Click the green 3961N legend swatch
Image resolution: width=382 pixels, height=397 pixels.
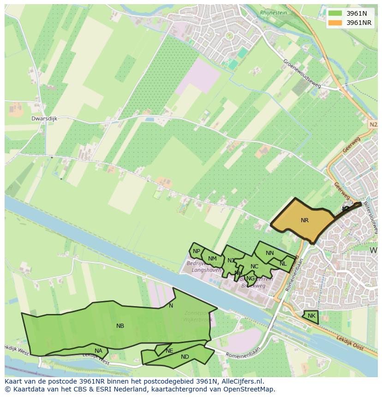tap(335, 13)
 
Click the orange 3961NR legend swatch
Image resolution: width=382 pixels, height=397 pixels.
tap(335, 23)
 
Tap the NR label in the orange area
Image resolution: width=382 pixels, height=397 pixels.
tap(304, 220)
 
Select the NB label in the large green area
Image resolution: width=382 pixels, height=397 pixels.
tap(120, 326)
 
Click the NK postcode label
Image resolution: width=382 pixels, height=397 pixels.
tap(311, 316)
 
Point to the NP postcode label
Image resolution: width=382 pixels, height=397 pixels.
tap(197, 251)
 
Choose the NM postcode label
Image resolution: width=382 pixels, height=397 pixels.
tap(212, 259)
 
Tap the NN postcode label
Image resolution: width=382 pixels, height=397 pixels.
tap(270, 253)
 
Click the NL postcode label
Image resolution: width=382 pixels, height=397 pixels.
tap(283, 264)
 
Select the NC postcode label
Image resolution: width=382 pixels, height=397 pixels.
tap(254, 267)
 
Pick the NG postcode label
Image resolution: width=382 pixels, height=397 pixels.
tap(251, 278)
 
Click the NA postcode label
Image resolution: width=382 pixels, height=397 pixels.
tap(98, 351)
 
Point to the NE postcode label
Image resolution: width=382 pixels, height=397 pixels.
tap(169, 351)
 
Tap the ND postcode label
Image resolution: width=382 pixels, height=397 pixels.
tap(185, 357)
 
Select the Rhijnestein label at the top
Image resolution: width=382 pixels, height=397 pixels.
tap(273, 13)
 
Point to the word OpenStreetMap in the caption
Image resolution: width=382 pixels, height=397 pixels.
tap(250, 389)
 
